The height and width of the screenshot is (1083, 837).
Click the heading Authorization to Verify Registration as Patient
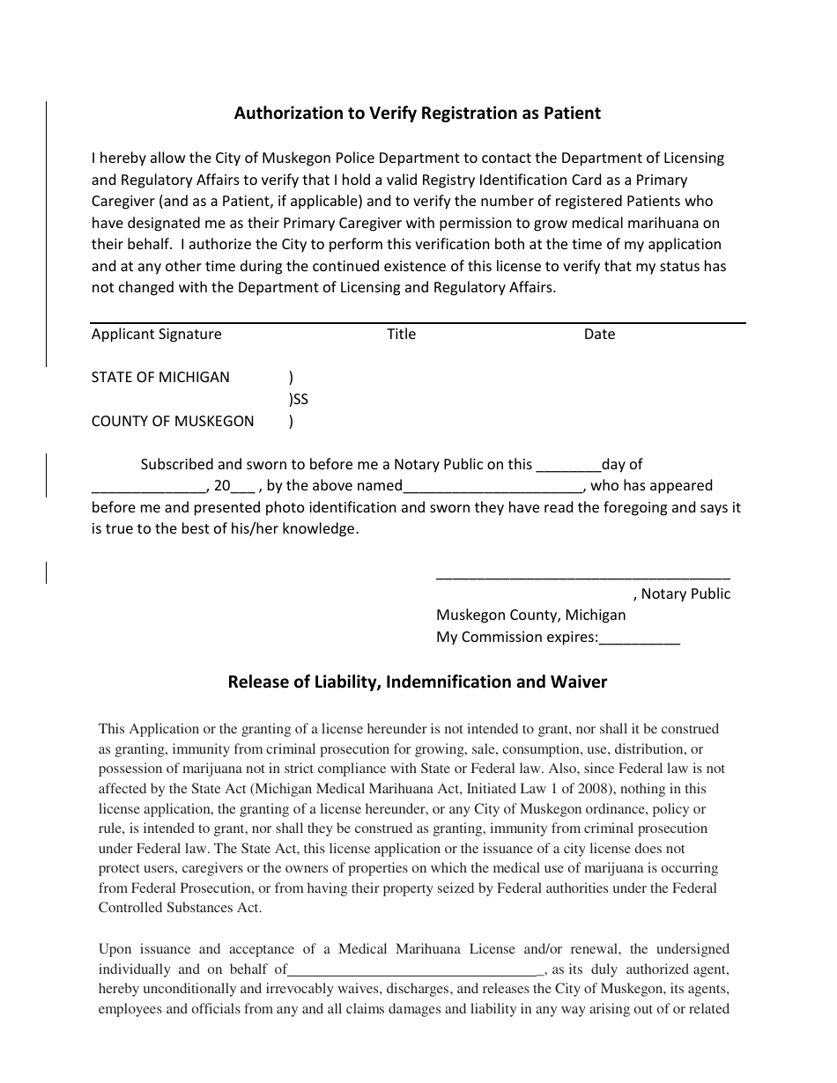pyautogui.click(x=417, y=113)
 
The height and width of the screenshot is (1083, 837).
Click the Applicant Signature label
pyautogui.click(x=156, y=334)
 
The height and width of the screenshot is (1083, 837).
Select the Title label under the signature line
pyautogui.click(x=401, y=334)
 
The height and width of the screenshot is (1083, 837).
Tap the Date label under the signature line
pyautogui.click(x=599, y=334)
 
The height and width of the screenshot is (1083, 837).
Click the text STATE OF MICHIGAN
pyautogui.click(x=160, y=377)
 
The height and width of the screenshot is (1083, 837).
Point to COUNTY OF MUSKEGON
pyautogui.click(x=172, y=421)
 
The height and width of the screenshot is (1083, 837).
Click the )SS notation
pyautogui.click(x=299, y=399)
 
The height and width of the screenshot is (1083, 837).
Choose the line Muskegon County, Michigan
pyautogui.click(x=530, y=615)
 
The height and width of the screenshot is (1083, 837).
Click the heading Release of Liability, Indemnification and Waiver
pyautogui.click(x=417, y=681)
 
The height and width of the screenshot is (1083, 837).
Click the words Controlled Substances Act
pyautogui.click(x=180, y=908)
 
